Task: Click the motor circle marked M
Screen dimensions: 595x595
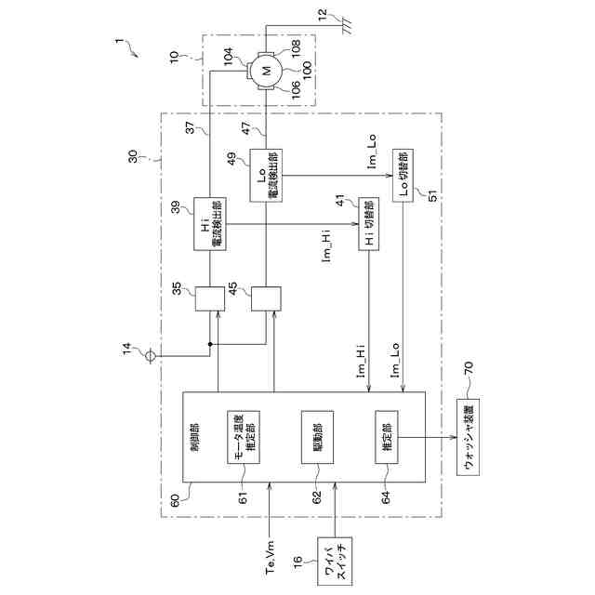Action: tap(266, 70)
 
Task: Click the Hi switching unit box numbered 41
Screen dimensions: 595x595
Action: tap(370, 224)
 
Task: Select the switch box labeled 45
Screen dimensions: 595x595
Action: tap(267, 299)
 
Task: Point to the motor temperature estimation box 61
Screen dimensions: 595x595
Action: tap(242, 434)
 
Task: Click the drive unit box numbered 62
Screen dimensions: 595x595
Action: tap(311, 434)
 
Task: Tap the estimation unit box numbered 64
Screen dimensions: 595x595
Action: tap(386, 434)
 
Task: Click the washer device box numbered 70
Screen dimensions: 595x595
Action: tap(471, 434)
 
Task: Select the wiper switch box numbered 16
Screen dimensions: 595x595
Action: tap(335, 562)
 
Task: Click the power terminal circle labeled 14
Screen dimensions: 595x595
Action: tap(155, 353)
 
